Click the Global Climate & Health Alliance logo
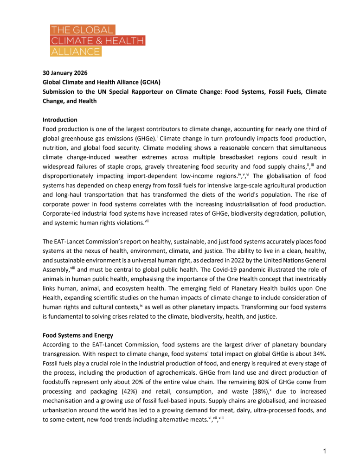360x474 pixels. point(97,41)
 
